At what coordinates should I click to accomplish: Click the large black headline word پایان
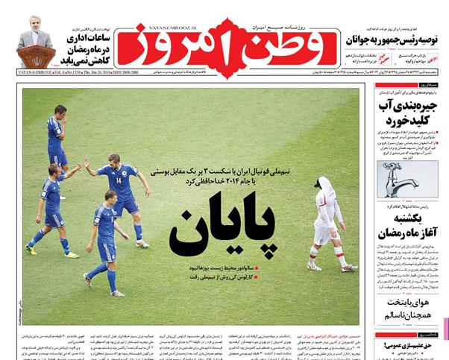pos(222,224)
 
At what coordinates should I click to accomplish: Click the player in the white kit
pos(325,221)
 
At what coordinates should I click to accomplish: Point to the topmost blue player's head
pos(60,110)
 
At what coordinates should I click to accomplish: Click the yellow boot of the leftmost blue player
pos(31,250)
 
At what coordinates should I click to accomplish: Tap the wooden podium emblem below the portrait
pos(36,57)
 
